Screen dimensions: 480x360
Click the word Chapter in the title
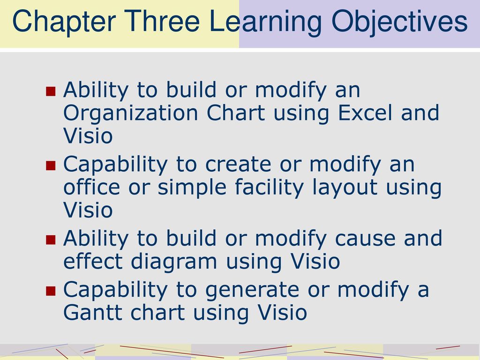[64, 22]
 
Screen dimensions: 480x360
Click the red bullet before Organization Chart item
[51, 91]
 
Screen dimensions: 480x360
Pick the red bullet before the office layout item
[51, 165]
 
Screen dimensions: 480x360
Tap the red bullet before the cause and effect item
[51, 240]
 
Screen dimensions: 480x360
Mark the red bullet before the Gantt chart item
[51, 291]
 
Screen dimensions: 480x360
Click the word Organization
[131, 114]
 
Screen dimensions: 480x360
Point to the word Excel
[365, 112]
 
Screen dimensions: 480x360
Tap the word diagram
[174, 262]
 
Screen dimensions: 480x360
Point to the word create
[238, 165]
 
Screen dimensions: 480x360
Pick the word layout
[345, 188]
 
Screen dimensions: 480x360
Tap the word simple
[192, 188]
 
